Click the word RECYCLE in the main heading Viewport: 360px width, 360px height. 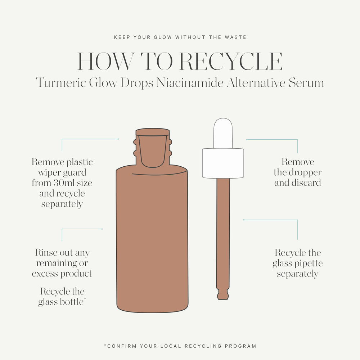point(231,62)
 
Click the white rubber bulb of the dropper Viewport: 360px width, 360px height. point(223,133)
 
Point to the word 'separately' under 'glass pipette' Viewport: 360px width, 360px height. point(297,274)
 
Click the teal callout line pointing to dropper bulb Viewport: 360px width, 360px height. point(272,139)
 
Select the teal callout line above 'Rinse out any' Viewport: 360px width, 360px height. point(82,229)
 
